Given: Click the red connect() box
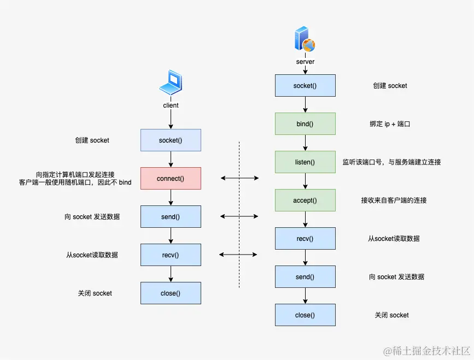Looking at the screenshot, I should pos(171,179).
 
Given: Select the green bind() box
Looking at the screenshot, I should pos(305,124).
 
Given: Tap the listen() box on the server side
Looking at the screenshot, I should pos(305,162).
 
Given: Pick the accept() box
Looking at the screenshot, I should pos(305,200).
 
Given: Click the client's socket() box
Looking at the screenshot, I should pos(171,140).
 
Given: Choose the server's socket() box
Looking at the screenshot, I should pos(305,86).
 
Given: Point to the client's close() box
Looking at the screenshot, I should pos(171,293).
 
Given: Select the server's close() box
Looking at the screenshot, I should pos(305,315).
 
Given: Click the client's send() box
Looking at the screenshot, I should pos(171,217).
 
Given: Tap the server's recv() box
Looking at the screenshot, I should pos(305,239).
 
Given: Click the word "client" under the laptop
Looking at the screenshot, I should pos(171,105).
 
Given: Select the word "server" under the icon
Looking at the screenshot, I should pos(305,62).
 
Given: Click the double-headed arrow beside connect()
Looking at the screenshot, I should pos(239,178).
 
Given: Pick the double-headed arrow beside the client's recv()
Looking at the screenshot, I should pos(239,255).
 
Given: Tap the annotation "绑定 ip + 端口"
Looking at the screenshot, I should pos(390,124).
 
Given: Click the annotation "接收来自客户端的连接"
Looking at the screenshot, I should pos(394,200).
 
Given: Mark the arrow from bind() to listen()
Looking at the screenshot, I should pos(305,143).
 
